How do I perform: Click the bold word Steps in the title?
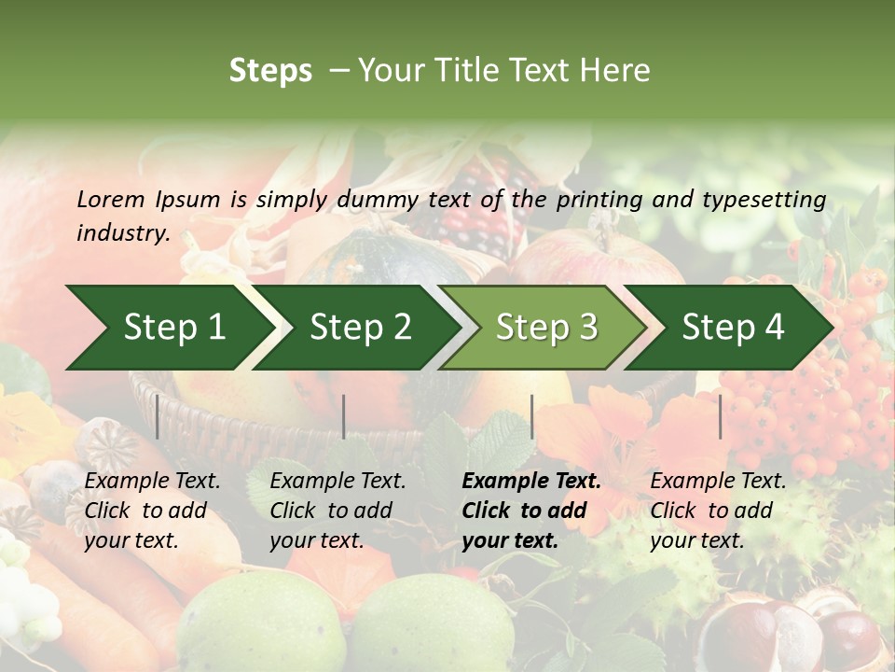[270, 71]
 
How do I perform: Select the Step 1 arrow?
[172, 328]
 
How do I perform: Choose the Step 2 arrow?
[360, 328]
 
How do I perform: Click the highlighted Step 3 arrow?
[546, 328]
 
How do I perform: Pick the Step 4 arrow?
[733, 328]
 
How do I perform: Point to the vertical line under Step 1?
[158, 416]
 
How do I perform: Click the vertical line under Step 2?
[344, 416]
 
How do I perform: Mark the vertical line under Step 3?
[531, 416]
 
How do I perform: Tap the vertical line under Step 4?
[720, 416]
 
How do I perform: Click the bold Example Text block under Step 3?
[531, 511]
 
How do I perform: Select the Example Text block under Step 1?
[152, 511]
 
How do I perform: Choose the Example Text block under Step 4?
[718, 511]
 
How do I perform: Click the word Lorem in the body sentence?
[110, 199]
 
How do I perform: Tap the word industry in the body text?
[122, 233]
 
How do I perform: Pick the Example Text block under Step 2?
[337, 511]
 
